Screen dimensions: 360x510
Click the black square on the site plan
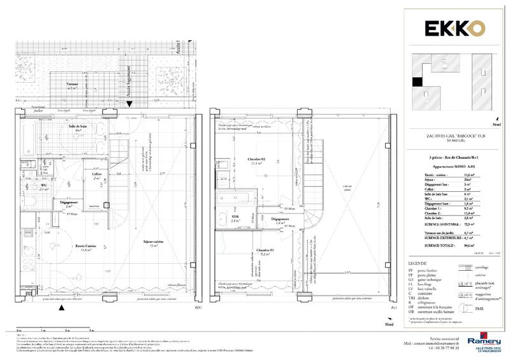coord(417,81)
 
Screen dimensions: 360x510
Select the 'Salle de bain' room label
coord(79,127)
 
